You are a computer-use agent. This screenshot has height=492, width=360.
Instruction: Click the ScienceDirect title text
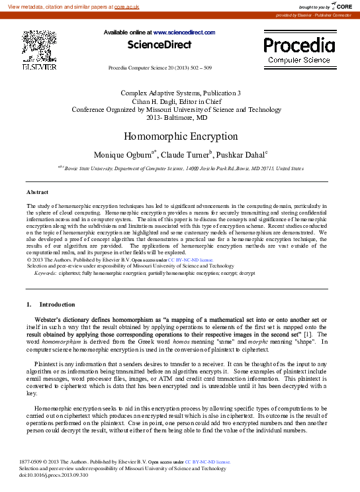tap(159, 45)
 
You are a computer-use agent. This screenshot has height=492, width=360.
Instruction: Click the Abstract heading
tap(37, 192)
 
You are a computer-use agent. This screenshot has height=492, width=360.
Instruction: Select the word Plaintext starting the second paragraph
tap(46, 363)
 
